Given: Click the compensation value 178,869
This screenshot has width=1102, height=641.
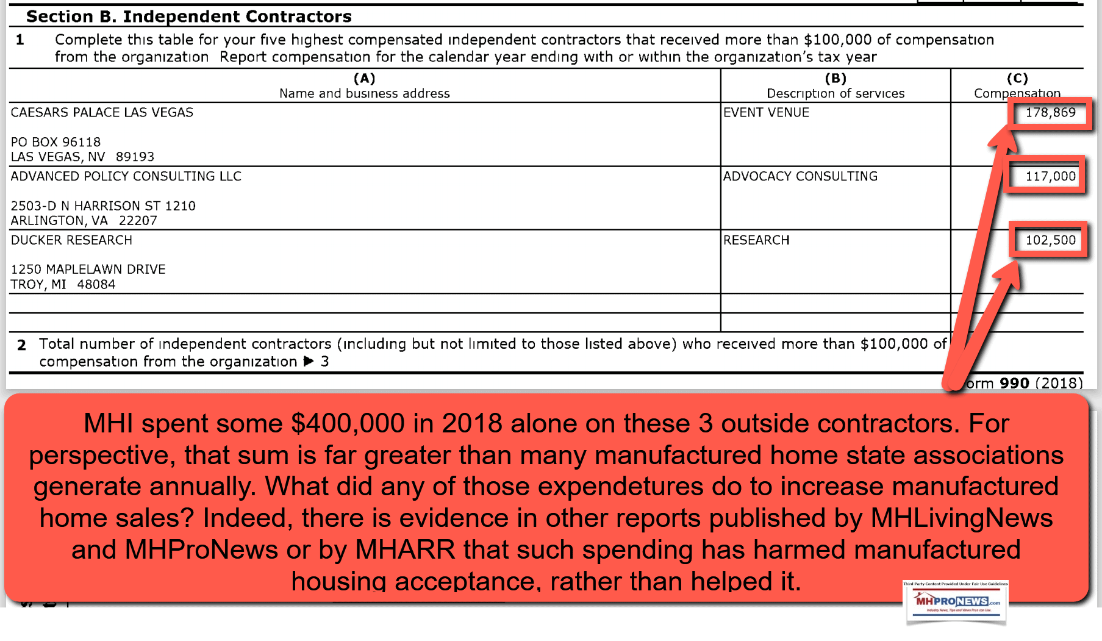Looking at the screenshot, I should click(x=1050, y=113).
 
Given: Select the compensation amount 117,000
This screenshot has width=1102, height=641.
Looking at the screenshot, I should click(x=1050, y=177).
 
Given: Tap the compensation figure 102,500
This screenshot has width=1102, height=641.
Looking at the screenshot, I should click(x=1050, y=240).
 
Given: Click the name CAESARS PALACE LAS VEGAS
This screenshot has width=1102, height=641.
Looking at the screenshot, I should click(x=102, y=113).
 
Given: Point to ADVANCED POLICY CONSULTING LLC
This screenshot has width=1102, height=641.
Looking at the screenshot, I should click(x=126, y=177).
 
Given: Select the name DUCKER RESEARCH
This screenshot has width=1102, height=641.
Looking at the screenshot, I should click(x=71, y=240).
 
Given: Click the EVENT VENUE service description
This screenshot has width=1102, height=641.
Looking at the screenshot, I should click(x=766, y=113).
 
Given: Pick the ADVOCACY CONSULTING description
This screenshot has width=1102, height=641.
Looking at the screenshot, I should click(x=800, y=177).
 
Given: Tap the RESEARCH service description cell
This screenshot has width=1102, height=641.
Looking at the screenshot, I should click(x=756, y=240).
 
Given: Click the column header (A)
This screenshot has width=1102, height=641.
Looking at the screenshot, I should click(x=364, y=79).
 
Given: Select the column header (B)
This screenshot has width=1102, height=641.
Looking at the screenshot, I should click(x=835, y=79).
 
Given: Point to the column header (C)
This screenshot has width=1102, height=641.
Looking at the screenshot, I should click(x=1017, y=79).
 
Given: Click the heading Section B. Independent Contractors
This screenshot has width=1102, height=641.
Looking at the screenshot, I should click(x=189, y=16).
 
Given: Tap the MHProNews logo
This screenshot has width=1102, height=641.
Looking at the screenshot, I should click(x=956, y=603).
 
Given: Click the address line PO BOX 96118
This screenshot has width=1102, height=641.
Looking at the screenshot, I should click(x=55, y=142).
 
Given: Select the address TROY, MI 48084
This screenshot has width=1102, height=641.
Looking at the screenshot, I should click(x=63, y=285).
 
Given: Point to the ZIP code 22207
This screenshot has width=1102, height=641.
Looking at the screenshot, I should click(x=138, y=221).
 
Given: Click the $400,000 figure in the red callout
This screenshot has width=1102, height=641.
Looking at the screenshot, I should click(x=348, y=423).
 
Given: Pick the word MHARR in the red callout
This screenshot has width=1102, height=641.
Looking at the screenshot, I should click(x=405, y=550).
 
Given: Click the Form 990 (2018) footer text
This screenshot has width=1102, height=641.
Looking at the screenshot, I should click(x=1025, y=383).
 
